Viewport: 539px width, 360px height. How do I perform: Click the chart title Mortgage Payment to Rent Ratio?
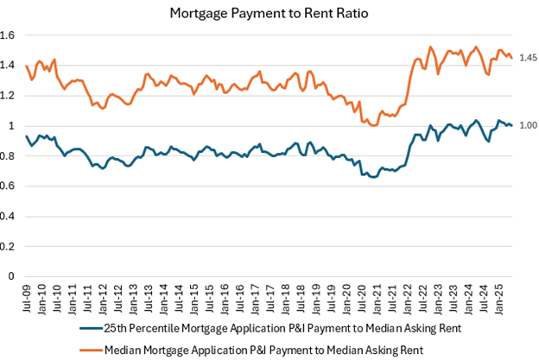269,12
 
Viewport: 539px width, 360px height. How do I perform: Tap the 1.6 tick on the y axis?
12,35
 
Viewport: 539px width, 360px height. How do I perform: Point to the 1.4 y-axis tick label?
12,66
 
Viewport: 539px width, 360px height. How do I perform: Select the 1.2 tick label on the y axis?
12,96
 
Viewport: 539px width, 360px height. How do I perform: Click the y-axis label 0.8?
12,156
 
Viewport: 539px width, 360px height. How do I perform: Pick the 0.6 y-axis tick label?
12,186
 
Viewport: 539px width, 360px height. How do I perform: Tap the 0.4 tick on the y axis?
12,217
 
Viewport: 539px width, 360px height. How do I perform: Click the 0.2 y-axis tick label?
12,247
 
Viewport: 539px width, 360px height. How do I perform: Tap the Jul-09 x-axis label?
28,295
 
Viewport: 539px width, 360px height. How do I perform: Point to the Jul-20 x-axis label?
360,295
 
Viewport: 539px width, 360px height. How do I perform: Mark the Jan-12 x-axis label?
103,295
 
